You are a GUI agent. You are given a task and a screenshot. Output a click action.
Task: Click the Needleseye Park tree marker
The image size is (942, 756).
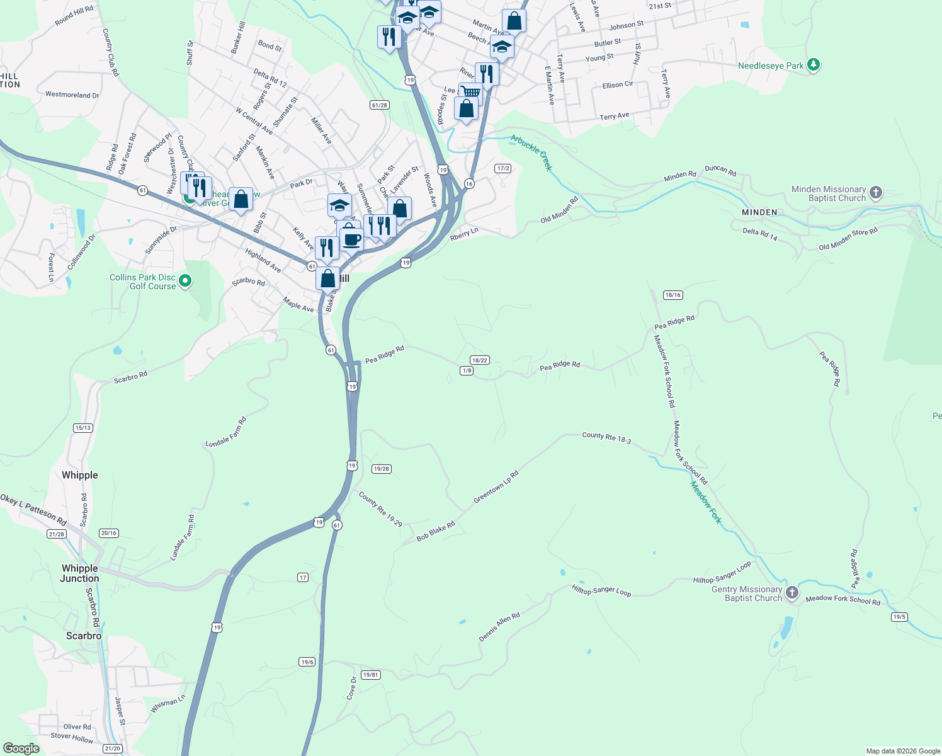pos(814,65)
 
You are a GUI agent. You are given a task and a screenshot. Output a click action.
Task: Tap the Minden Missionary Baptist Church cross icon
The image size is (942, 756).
pos(876,193)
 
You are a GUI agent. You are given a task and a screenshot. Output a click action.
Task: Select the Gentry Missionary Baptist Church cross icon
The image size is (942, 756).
pos(792,593)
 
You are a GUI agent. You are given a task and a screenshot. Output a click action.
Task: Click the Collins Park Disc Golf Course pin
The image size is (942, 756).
pos(185,281)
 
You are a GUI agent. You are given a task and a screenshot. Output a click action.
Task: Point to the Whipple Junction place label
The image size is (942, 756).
pos(79,573)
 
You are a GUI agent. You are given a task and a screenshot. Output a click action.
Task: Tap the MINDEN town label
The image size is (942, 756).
pos(759,212)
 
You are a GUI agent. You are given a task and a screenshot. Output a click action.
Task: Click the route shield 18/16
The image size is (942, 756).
pos(672,295)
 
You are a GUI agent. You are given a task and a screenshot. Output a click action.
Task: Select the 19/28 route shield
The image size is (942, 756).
pos(382,469)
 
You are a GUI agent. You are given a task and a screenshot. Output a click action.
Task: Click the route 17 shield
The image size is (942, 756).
pos(303,578)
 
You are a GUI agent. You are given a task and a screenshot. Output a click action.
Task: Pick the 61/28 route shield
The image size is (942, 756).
pos(379,105)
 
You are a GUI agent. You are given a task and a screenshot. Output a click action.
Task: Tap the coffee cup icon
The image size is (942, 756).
pos(352,239)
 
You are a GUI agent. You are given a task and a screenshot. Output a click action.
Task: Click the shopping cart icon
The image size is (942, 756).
pos(470,93)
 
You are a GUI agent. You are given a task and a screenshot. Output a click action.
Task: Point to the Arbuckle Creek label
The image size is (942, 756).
pos(531,152)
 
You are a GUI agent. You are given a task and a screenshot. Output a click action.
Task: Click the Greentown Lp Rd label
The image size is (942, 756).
pos(496,486)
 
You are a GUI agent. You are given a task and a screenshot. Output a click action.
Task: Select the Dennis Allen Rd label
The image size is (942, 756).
pos(499,627)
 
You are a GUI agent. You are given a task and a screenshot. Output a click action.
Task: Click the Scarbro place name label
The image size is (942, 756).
pos(84,636)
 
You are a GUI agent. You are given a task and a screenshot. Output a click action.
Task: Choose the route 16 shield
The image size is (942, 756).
pos(469,183)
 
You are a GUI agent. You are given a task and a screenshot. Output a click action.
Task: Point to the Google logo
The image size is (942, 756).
pos(21,748)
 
